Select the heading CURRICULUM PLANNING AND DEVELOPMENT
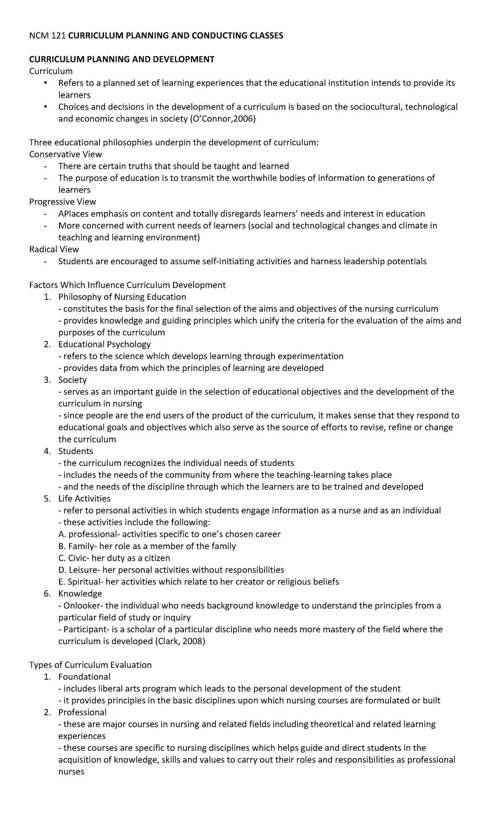[122, 60]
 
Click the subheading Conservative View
[65, 154]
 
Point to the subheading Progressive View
[62, 202]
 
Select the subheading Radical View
[54, 249]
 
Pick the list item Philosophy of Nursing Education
[122, 297]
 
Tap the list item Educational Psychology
[104, 344]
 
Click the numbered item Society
[72, 380]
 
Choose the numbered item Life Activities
[84, 499]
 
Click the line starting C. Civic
[114, 558]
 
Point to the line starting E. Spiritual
[198, 582]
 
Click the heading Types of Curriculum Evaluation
[90, 665]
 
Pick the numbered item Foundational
[84, 677]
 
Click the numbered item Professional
[82, 712]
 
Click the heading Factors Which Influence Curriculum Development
[127, 285]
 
